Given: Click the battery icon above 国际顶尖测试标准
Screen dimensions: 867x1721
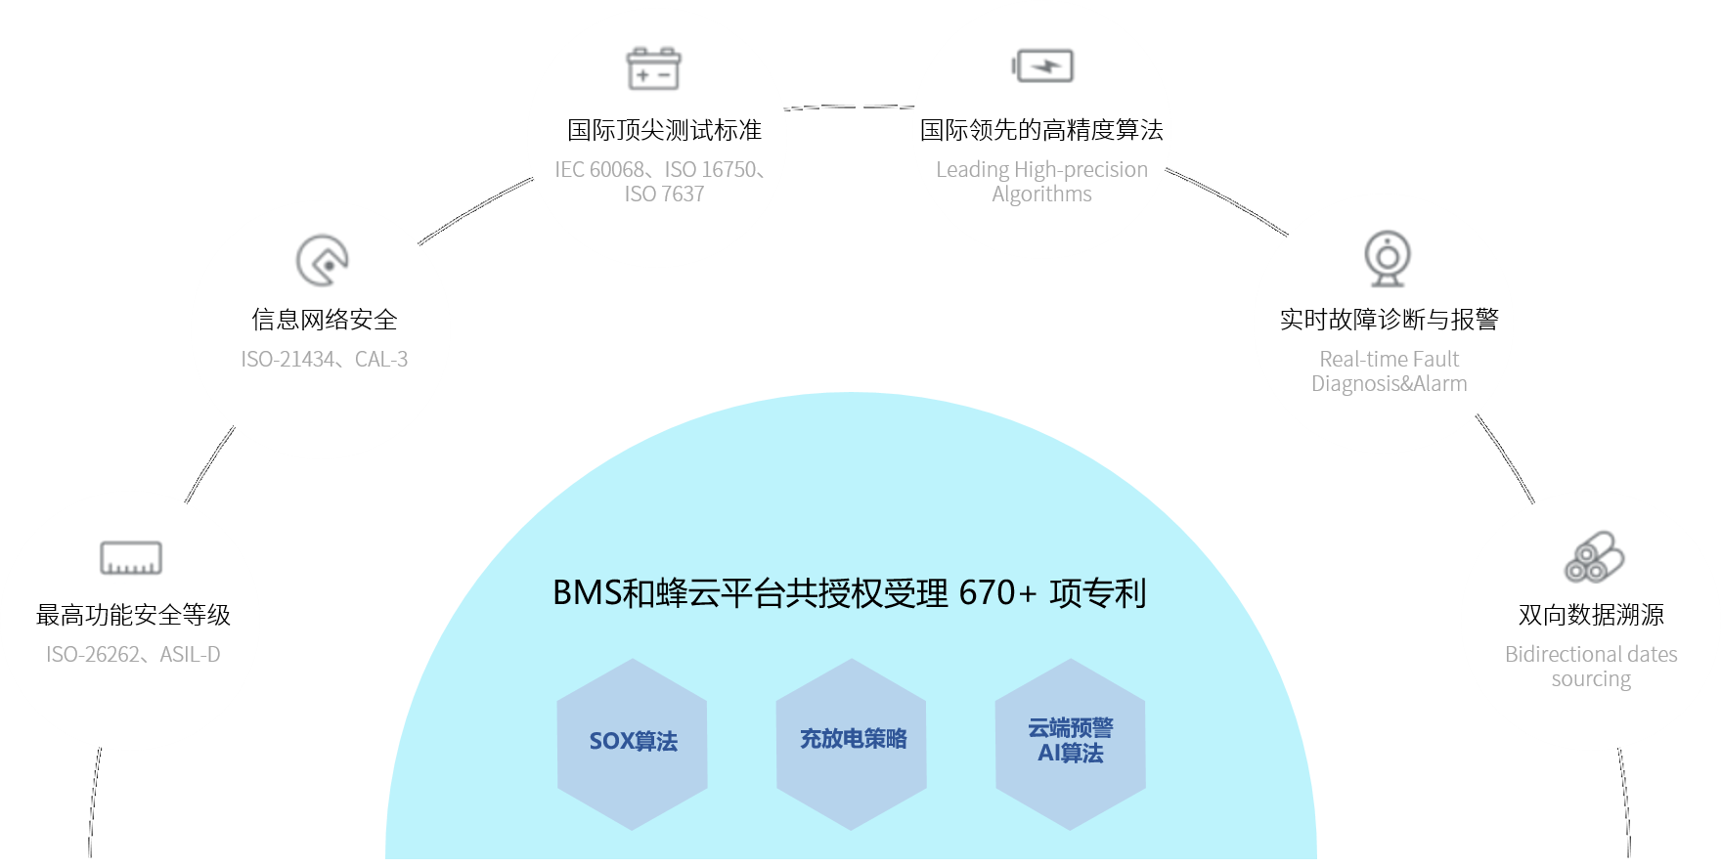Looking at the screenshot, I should click(x=653, y=68).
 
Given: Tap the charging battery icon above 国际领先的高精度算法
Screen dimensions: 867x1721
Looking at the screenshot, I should click(x=1042, y=66).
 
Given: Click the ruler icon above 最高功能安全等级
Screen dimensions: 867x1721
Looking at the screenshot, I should click(x=131, y=558).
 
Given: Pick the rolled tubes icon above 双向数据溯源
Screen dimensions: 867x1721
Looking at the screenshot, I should click(x=1593, y=558).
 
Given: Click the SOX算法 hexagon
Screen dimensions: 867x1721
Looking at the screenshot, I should click(x=633, y=743).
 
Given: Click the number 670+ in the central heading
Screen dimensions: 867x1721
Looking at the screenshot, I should click(x=997, y=593).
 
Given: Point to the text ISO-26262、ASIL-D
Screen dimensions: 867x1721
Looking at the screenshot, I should click(x=133, y=655).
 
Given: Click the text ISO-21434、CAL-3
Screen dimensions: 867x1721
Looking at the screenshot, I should click(x=325, y=360).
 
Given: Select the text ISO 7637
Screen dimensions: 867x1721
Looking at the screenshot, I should click(x=664, y=195).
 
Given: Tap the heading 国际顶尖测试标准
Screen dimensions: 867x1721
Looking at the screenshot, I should click(x=664, y=130).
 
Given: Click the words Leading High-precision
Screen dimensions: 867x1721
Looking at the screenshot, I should click(x=1041, y=170).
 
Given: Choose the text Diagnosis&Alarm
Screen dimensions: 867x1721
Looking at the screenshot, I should click(x=1389, y=384).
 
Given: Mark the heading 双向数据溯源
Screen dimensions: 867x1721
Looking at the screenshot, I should click(x=1591, y=615).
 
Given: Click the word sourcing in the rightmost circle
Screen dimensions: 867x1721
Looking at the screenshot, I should click(x=1591, y=679).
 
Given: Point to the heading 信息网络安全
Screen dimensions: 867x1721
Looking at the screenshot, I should click(x=325, y=320).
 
